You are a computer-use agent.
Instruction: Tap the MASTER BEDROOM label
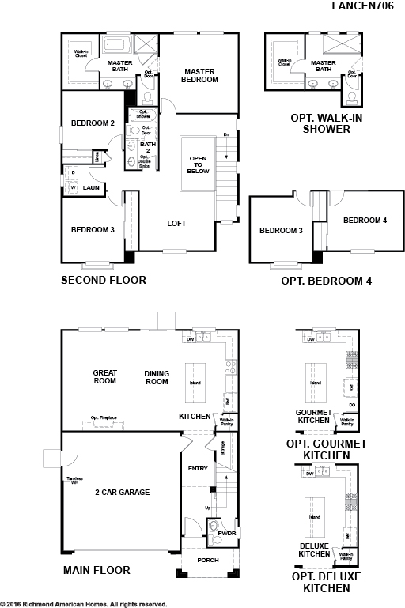click(200, 76)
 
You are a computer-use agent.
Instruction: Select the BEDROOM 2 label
click(93, 123)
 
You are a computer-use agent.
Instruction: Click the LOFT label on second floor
click(176, 224)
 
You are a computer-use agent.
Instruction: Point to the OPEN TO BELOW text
click(197, 164)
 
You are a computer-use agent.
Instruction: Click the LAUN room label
click(91, 187)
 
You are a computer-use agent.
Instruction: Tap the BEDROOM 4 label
click(365, 221)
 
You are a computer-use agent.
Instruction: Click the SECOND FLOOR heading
click(104, 280)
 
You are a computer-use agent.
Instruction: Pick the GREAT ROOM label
click(104, 377)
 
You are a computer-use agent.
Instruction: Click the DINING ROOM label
click(157, 377)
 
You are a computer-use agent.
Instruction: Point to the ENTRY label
click(198, 469)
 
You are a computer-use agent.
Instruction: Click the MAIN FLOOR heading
click(96, 569)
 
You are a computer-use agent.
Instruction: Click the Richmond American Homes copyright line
click(84, 603)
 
